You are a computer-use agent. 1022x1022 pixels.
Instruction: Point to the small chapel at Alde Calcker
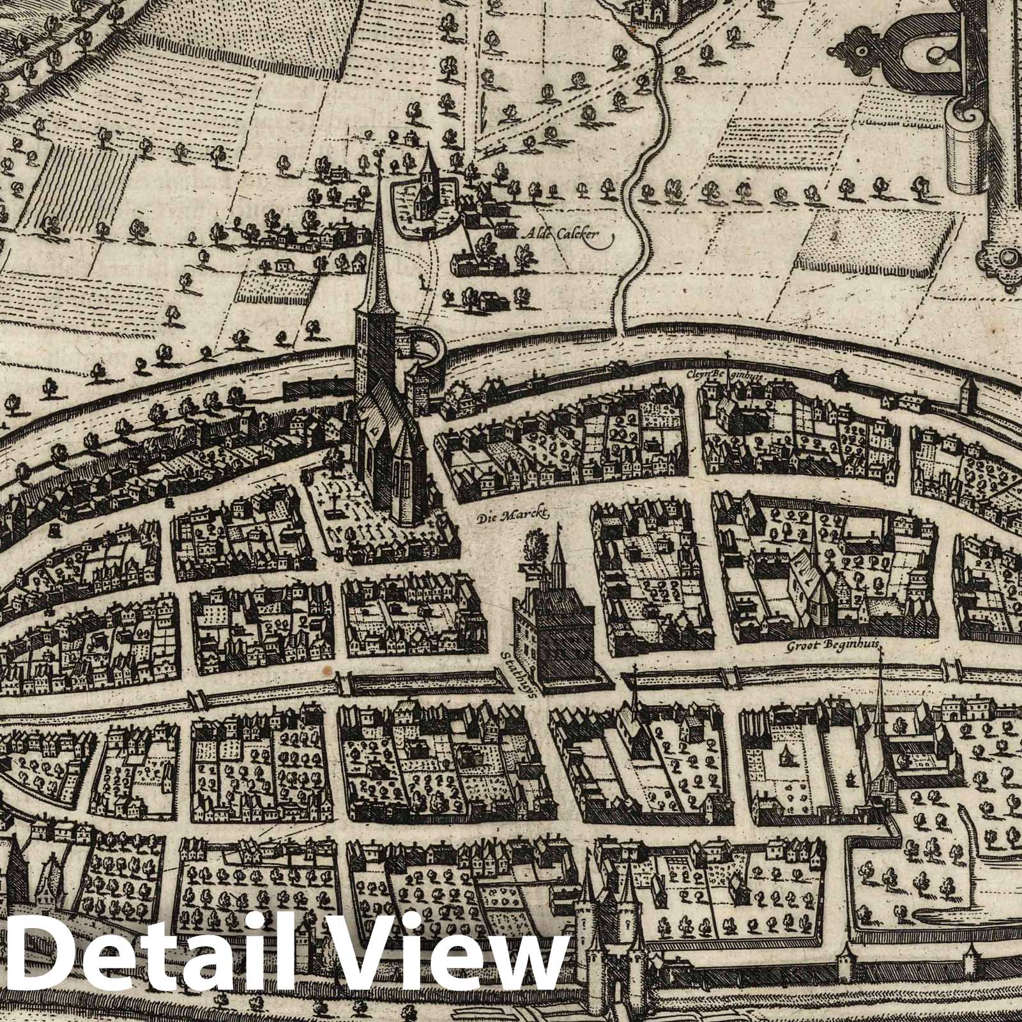[x=424, y=185]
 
